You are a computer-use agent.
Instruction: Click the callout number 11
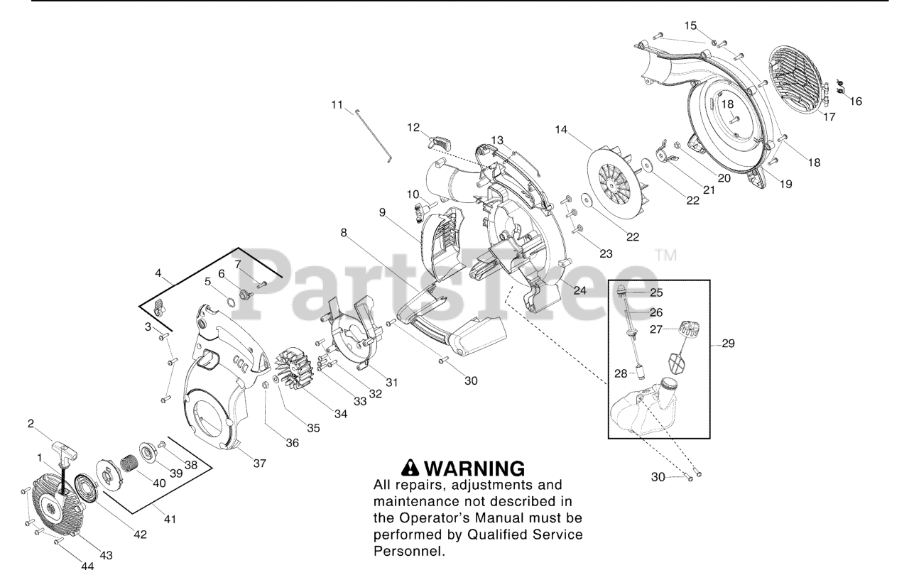click(337, 104)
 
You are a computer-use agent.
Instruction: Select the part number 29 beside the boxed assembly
click(727, 344)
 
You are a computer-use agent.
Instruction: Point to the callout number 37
click(259, 464)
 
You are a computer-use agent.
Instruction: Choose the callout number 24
click(579, 290)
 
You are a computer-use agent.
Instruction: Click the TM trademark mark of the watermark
click(661, 254)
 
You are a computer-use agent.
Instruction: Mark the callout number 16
click(856, 102)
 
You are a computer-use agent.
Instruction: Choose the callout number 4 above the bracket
click(158, 272)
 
